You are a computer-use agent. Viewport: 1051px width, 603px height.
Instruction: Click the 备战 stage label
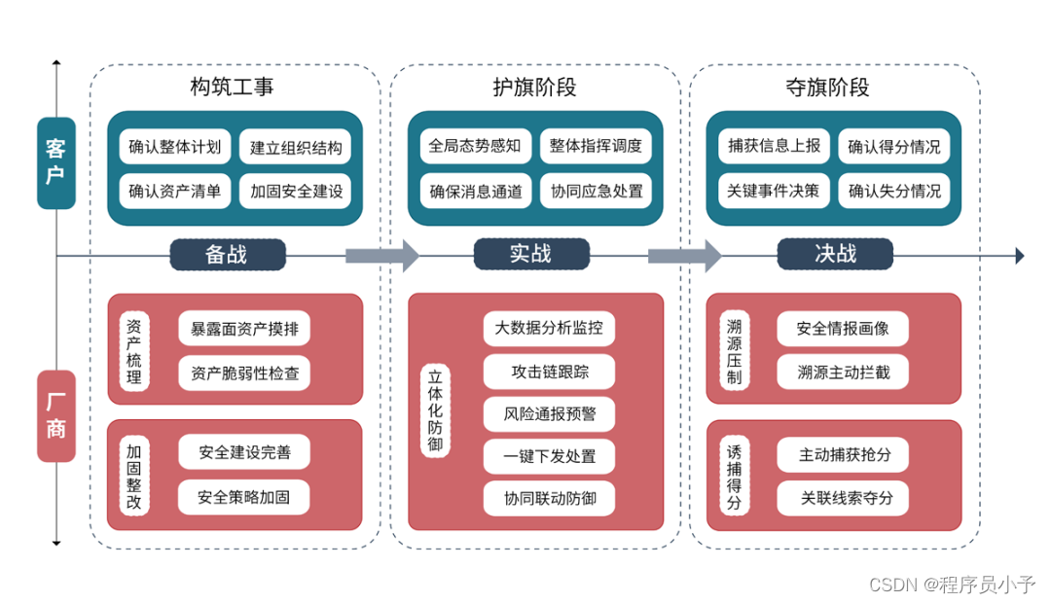click(228, 255)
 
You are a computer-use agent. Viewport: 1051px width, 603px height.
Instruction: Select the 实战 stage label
click(530, 255)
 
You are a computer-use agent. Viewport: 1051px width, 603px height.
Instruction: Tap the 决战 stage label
click(835, 255)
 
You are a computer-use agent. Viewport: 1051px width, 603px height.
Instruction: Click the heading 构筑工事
click(232, 88)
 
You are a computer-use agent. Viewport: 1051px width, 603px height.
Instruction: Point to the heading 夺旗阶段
click(827, 88)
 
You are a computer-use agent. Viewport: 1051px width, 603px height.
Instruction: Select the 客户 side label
click(56, 162)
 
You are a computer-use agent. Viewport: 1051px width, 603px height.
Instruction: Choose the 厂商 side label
click(56, 416)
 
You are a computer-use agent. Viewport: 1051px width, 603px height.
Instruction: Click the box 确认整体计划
click(175, 148)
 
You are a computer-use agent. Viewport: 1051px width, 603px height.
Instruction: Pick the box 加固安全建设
click(297, 192)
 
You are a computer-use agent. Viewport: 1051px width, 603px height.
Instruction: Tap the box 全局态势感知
click(475, 147)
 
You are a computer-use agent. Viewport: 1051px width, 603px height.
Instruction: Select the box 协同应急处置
click(597, 192)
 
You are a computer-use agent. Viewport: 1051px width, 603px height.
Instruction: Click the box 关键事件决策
click(774, 192)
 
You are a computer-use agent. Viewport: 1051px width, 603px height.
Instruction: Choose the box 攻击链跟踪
click(550, 372)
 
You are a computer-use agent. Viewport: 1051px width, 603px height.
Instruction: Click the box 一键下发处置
click(550, 456)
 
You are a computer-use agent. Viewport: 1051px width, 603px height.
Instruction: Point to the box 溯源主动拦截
click(843, 372)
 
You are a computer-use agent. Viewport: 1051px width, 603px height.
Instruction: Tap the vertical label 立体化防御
click(435, 411)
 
